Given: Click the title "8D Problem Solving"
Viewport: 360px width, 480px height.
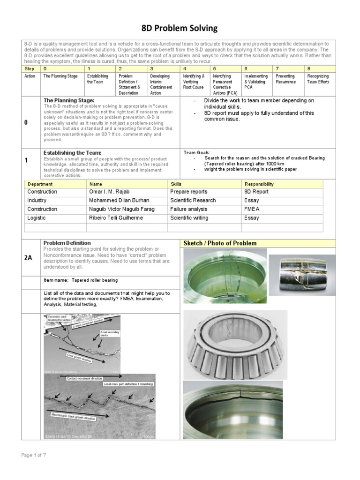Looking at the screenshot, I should coord(180,28).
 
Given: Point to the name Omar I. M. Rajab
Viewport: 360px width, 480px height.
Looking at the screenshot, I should coord(109,192).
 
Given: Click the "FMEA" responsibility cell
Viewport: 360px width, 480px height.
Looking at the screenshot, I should coord(252,209).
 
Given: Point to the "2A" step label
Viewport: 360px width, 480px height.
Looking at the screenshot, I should coord(29,257).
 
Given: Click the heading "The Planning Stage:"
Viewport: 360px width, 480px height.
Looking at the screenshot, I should coord(69,100).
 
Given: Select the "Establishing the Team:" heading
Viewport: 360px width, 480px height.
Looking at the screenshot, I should coord(72,153).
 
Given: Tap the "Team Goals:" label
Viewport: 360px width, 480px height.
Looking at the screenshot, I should coord(197,153).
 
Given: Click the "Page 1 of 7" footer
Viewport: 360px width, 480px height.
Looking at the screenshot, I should coord(32,455).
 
